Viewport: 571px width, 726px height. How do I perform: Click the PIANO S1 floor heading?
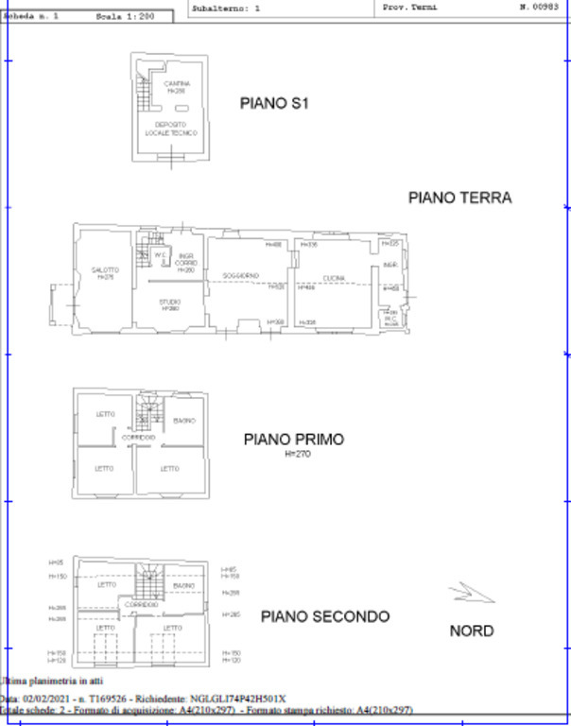tap(274, 104)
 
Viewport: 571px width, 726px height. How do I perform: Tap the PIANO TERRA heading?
tap(459, 198)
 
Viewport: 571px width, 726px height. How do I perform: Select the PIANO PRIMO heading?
tap(293, 440)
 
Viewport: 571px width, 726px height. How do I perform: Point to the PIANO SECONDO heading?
tap(325, 616)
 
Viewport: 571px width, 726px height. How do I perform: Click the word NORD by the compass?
tap(471, 631)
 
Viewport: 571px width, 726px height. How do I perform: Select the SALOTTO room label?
tap(104, 271)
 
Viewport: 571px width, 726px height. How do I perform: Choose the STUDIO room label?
tap(170, 302)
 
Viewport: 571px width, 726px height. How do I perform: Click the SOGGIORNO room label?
tap(241, 276)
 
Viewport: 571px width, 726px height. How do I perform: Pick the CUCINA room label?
tap(334, 277)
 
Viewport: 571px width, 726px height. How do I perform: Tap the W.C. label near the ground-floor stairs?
tap(161, 254)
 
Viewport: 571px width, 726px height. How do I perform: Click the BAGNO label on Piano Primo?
tap(184, 421)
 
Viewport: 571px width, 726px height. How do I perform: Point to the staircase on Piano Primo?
tap(149, 413)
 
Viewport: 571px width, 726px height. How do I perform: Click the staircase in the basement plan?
tap(144, 93)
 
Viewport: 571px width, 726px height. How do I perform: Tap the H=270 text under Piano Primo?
tap(297, 454)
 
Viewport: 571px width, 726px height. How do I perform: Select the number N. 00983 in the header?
tap(537, 7)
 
